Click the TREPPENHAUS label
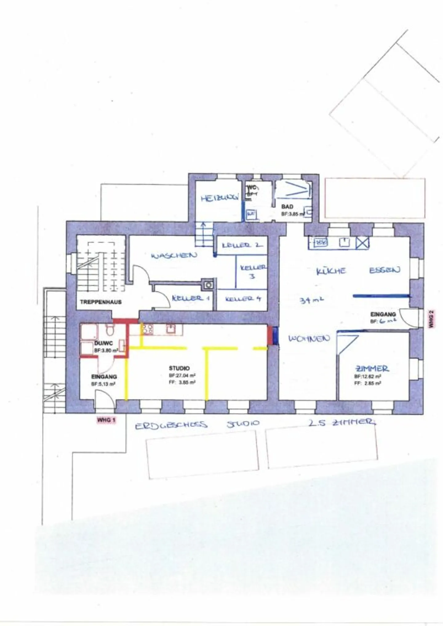tap(101, 302)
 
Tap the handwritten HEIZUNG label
tap(220, 198)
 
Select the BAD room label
tap(287, 207)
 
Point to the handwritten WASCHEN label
tap(174, 255)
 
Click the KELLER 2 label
tap(242, 245)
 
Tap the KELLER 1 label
tap(191, 298)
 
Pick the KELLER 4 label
tap(243, 298)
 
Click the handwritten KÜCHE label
tap(331, 271)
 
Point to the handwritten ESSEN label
tap(385, 270)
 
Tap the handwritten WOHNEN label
tap(309, 339)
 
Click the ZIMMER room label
tap(372, 368)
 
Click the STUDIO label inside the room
tap(179, 368)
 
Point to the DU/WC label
tap(103, 343)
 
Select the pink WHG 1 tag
tap(106, 420)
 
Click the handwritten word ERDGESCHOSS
tap(171, 425)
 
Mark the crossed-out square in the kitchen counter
tap(362, 243)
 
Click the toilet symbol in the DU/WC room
tap(109, 330)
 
